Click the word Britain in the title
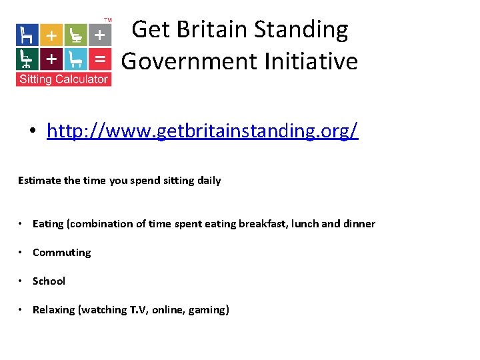(x=208, y=30)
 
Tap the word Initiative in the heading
(x=311, y=61)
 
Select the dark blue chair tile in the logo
(x=27, y=34)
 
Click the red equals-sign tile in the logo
(x=99, y=59)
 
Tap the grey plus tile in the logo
(x=99, y=34)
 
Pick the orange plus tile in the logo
(x=51, y=34)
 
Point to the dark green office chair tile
(x=27, y=59)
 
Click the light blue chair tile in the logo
(x=75, y=59)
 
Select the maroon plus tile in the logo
(x=51, y=59)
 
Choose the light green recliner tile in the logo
(x=75, y=34)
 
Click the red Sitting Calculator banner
(x=63, y=79)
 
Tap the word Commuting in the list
(x=61, y=252)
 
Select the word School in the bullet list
(x=49, y=281)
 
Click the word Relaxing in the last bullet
(x=54, y=309)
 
